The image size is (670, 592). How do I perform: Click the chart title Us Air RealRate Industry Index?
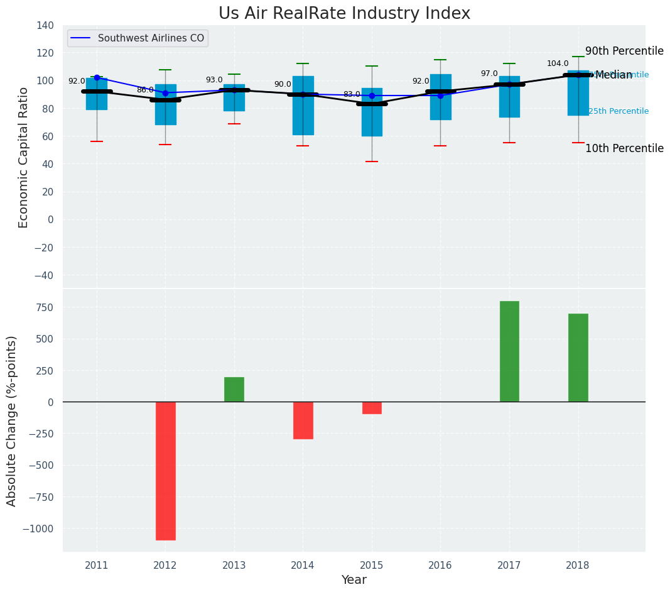(344, 14)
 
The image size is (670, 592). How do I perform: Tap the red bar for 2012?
(165, 471)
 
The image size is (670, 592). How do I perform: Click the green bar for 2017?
(509, 351)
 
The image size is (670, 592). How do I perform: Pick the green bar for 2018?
(578, 358)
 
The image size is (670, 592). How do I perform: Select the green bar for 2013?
(234, 390)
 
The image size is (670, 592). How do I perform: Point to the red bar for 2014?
(303, 420)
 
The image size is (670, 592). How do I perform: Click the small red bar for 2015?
(372, 408)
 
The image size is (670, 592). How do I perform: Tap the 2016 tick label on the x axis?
(440, 566)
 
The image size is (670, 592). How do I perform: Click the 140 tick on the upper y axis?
(45, 25)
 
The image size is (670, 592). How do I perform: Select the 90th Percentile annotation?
(624, 51)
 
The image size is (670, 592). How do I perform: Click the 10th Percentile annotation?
(624, 148)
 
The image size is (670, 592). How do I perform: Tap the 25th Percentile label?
(619, 111)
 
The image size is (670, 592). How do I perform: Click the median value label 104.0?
(558, 63)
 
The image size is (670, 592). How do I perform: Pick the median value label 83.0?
(352, 94)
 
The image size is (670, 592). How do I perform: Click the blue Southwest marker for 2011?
(97, 77)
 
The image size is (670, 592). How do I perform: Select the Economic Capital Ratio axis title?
(24, 157)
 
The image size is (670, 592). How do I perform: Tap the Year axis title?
(354, 580)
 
